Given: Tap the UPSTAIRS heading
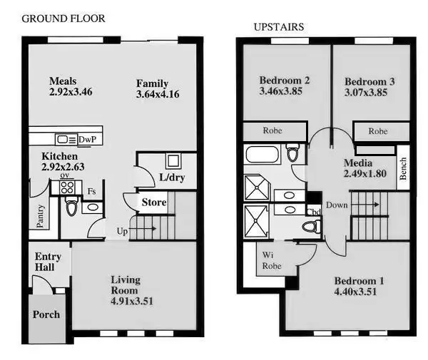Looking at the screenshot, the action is pos(279,27).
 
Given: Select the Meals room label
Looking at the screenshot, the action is pos(63,81).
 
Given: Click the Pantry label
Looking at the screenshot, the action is pos(41,215).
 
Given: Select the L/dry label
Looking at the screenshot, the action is pos(172,178).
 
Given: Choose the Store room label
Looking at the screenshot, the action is pos(154,202).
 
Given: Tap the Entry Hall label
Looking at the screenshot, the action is pos(49,262).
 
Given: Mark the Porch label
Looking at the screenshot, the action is pos(47,314).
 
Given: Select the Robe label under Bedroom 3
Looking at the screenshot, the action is pos(377,131).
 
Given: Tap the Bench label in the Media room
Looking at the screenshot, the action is pos(402,168).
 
